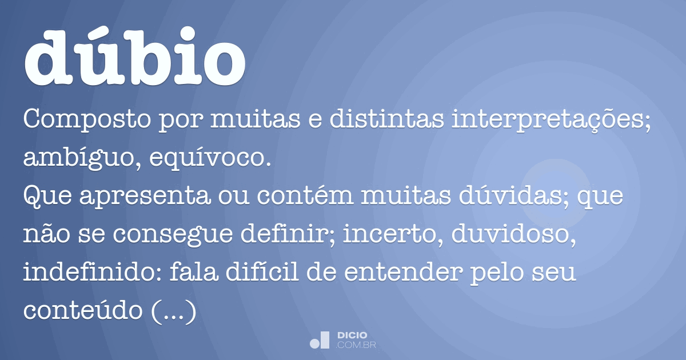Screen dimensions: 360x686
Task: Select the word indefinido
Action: click(83, 274)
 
